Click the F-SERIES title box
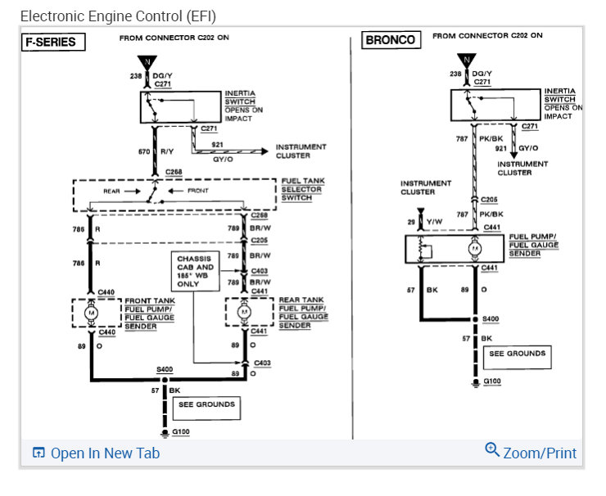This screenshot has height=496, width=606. pyautogui.click(x=53, y=42)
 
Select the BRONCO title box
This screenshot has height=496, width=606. pyautogui.click(x=390, y=40)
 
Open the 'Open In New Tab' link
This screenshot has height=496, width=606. pyautogui.click(x=96, y=453)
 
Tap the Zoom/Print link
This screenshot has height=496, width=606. pyautogui.click(x=531, y=452)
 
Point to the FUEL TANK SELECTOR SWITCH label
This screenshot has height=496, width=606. pyautogui.click(x=301, y=189)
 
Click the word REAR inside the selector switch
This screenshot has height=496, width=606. pyautogui.click(x=112, y=191)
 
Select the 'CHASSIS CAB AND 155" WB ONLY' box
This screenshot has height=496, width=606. pyautogui.click(x=194, y=270)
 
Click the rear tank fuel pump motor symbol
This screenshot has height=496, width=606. pyautogui.click(x=242, y=312)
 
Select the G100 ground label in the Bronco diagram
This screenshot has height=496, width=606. pyautogui.click(x=491, y=381)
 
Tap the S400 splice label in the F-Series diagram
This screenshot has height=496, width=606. pyautogui.click(x=165, y=370)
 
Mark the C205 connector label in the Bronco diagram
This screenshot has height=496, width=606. pyautogui.click(x=489, y=199)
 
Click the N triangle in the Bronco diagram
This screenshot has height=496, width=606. pyautogui.click(x=467, y=61)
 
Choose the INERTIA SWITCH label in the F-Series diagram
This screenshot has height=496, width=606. pyautogui.click(x=240, y=97)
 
